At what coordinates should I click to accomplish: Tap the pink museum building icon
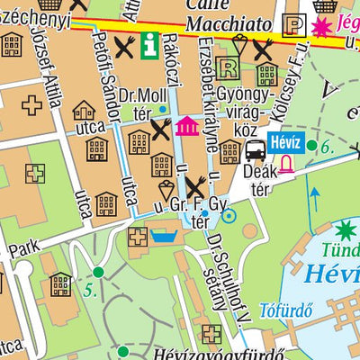click(187, 126)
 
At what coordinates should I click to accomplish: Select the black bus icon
click(256, 148)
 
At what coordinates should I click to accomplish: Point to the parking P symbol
click(293, 27)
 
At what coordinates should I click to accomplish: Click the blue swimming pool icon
click(164, 237)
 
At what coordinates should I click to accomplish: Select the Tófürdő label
click(285, 311)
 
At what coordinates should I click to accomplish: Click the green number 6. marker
click(320, 146)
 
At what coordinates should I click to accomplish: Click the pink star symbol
click(320, 29)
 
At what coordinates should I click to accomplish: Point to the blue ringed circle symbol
click(229, 215)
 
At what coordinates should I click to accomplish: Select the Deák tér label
click(261, 180)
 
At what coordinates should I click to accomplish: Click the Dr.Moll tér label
click(149, 102)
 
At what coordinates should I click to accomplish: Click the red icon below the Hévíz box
click(285, 163)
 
